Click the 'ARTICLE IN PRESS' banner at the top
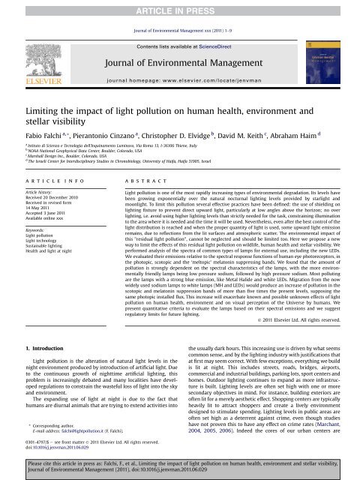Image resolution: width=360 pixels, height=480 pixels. pos(179,7)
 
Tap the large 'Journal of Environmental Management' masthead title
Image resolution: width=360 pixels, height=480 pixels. pos(179,62)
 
